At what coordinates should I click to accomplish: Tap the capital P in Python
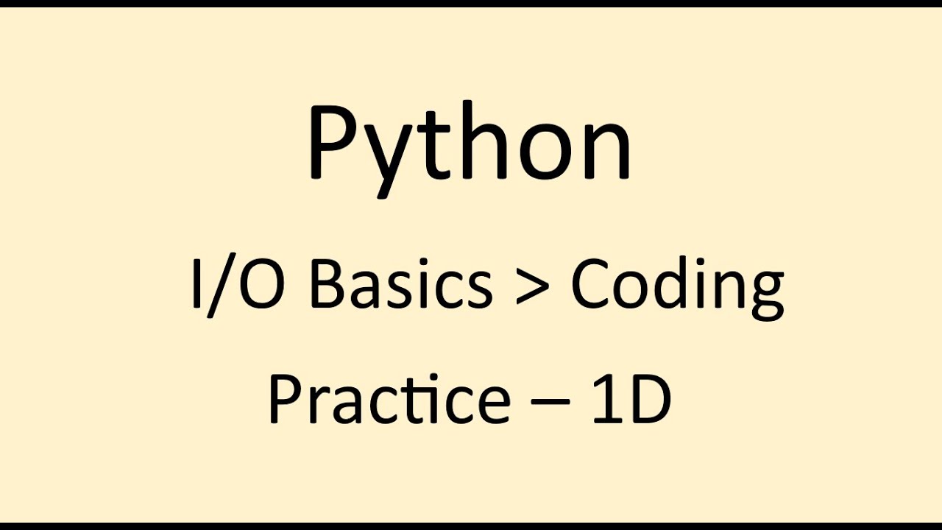[x=331, y=144]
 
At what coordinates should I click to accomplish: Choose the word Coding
[x=677, y=287]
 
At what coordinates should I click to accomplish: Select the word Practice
[x=389, y=400]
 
